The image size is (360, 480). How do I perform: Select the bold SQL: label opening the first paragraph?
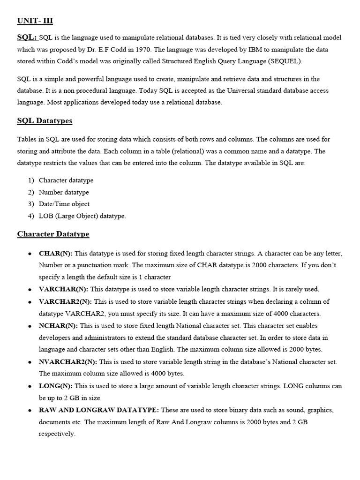(x=27, y=37)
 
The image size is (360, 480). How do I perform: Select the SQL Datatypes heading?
(x=45, y=121)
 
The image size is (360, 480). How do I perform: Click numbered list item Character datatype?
(x=66, y=180)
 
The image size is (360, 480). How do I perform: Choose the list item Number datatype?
(x=64, y=192)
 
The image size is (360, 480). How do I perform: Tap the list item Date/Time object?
(x=64, y=204)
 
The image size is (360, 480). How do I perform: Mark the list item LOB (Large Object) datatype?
(x=82, y=216)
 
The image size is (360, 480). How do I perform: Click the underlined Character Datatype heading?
(x=53, y=234)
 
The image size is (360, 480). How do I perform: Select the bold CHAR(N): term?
(x=55, y=253)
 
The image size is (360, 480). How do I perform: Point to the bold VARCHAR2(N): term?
(x=66, y=301)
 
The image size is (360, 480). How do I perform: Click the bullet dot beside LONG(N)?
(x=30, y=386)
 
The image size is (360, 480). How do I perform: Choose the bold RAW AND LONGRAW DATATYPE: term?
(x=99, y=410)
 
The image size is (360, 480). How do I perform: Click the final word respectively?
(x=57, y=434)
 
